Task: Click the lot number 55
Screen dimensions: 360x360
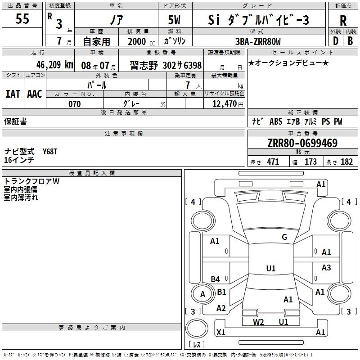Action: click(22, 19)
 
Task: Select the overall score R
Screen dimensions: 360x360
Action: click(343, 21)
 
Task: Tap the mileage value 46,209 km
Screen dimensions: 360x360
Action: click(48, 65)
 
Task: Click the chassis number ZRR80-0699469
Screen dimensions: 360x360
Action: click(302, 143)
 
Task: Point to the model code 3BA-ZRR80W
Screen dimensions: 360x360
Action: click(258, 41)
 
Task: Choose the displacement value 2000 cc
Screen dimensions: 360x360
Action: click(139, 41)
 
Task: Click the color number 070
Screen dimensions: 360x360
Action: click(74, 104)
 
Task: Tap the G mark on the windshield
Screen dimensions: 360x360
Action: click(284, 237)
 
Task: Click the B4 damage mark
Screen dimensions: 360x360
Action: click(216, 279)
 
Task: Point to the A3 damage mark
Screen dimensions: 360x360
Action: click(326, 268)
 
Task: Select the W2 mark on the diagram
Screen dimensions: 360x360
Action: click(258, 322)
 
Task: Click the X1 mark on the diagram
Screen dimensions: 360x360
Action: click(221, 332)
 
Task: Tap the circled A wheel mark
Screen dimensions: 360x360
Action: click(202, 294)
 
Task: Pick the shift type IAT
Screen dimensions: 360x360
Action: click(13, 94)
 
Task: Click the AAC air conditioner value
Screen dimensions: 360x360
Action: click(34, 94)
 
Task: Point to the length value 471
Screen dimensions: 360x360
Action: click(271, 162)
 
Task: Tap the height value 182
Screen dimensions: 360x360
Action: click(346, 162)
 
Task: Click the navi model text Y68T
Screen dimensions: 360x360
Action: click(50, 152)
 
